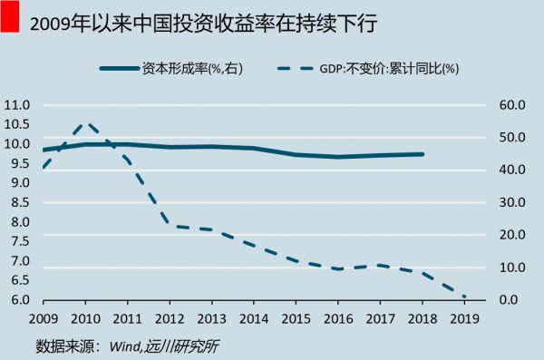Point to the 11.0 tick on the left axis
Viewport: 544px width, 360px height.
(17, 105)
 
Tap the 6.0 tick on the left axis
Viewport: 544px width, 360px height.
(17, 300)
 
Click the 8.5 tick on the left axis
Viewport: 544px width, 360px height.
(17, 203)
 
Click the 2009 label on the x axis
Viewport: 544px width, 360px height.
(43, 318)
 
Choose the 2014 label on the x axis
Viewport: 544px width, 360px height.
(253, 318)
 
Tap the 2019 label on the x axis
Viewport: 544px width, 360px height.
(464, 318)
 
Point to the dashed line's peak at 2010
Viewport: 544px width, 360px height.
(86, 122)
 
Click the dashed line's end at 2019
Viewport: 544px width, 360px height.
(464, 297)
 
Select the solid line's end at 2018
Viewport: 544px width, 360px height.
(423, 154)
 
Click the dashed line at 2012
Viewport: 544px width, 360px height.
(170, 225)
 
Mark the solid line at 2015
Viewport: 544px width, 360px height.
(296, 154)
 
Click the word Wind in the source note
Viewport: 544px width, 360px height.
(126, 345)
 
